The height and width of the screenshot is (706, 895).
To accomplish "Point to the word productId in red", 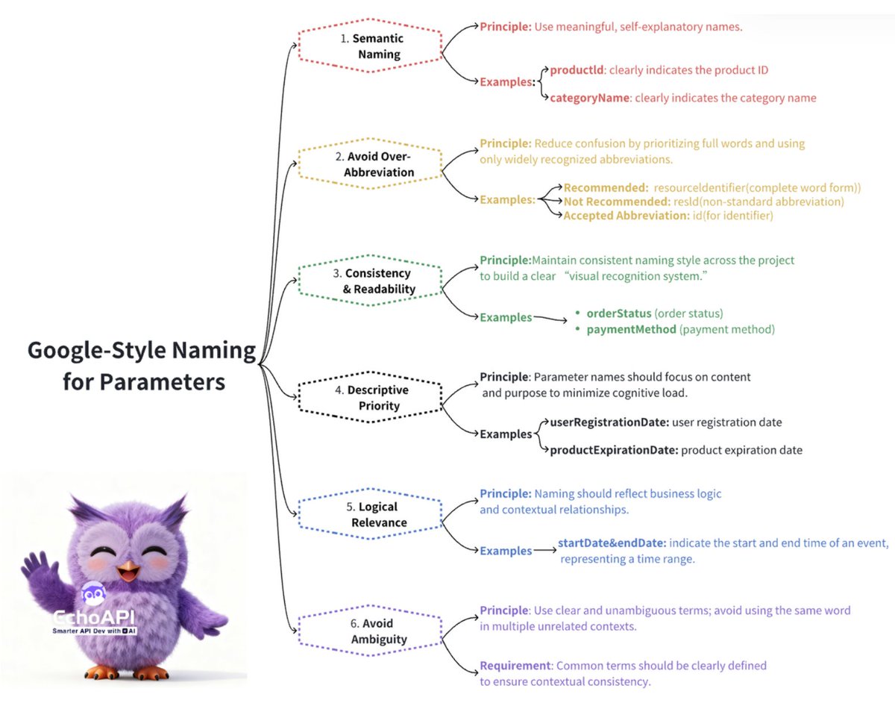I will [577, 70].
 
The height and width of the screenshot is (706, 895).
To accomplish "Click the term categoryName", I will [590, 98].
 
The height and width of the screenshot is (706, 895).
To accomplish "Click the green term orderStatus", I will [618, 313].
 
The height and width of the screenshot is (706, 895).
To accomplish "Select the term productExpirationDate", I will [613, 450].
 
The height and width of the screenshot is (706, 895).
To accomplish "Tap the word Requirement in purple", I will [513, 665].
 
